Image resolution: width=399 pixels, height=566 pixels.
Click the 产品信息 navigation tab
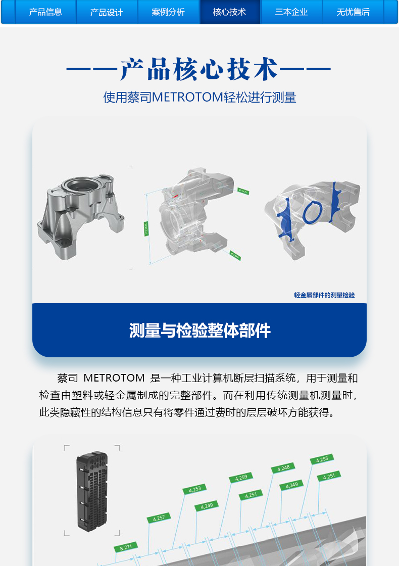point(45,12)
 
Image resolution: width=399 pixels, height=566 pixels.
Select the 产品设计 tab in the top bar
point(107,12)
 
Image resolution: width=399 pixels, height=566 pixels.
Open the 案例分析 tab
point(168,12)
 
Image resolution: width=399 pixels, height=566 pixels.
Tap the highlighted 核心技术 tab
point(230,12)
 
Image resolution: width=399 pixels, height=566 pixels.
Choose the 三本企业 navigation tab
point(291,12)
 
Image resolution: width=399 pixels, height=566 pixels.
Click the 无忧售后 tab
point(353,12)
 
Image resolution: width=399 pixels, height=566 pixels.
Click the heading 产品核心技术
point(199,69)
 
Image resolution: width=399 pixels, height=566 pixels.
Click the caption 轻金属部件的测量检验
point(324,295)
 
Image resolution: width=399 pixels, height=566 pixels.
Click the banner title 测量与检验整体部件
point(199,331)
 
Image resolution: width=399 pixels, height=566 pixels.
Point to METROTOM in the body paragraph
point(114,378)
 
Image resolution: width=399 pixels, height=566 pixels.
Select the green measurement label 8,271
point(126,546)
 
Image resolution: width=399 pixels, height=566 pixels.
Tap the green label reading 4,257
point(159,517)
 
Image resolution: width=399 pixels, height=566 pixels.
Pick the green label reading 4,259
point(241,478)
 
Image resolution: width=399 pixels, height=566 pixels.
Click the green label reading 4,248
point(283,468)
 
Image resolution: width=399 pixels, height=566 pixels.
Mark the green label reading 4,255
point(322,459)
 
